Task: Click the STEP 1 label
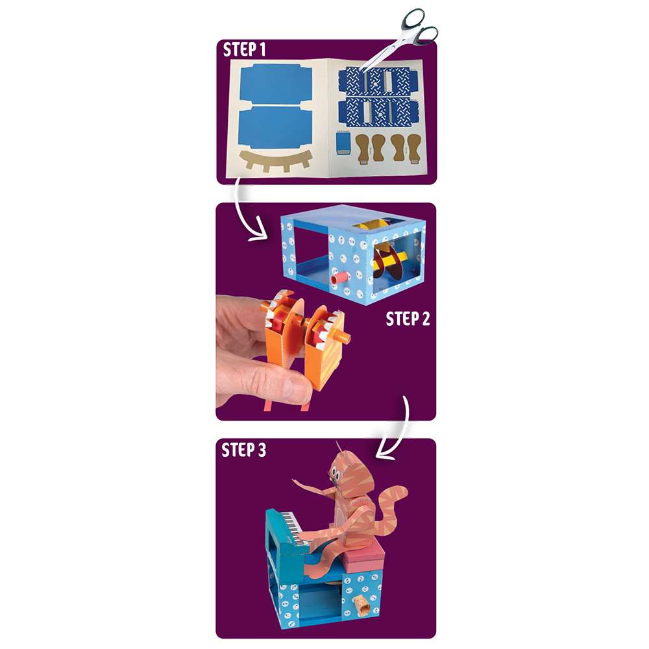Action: tap(244, 50)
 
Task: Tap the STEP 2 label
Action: tap(408, 319)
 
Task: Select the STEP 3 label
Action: tap(244, 450)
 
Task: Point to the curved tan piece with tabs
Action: tap(273, 160)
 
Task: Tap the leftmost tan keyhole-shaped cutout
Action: tap(362, 147)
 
